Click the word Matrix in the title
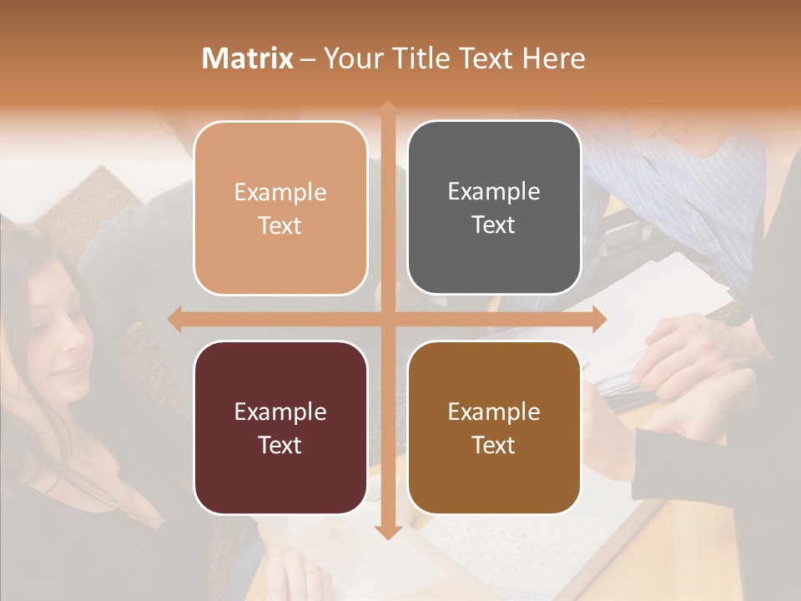click(248, 58)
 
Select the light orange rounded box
click(280, 208)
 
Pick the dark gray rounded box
click(494, 208)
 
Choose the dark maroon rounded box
click(280, 427)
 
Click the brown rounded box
click(494, 427)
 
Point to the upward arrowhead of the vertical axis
click(387, 109)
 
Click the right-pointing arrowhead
click(598, 319)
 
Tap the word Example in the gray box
click(494, 191)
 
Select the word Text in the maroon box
click(280, 445)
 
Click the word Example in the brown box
click(494, 412)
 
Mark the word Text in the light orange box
click(280, 225)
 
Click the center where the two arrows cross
click(387, 319)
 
